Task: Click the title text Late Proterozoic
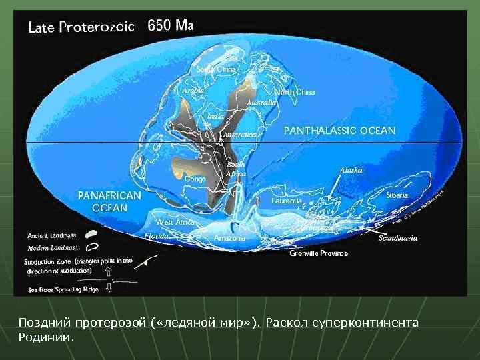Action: pyautogui.click(x=81, y=27)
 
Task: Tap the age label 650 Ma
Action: pyautogui.click(x=171, y=26)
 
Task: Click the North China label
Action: pyautogui.click(x=295, y=91)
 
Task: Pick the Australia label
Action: pyautogui.click(x=261, y=103)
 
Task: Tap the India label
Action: pyautogui.click(x=215, y=116)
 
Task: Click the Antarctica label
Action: pyautogui.click(x=239, y=135)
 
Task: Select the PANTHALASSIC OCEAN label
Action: pyautogui.click(x=339, y=130)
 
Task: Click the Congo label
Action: pyautogui.click(x=195, y=179)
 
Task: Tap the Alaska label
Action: pyautogui.click(x=351, y=170)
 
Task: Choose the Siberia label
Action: pyautogui.click(x=398, y=195)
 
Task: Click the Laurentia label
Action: pyautogui.click(x=287, y=201)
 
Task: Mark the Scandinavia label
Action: pyautogui.click(x=398, y=238)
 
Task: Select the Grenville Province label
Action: pyautogui.click(x=319, y=253)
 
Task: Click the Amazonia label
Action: pyautogui.click(x=230, y=237)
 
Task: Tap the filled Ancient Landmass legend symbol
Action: pyautogui.click(x=93, y=234)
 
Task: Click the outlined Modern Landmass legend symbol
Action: pyautogui.click(x=93, y=247)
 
